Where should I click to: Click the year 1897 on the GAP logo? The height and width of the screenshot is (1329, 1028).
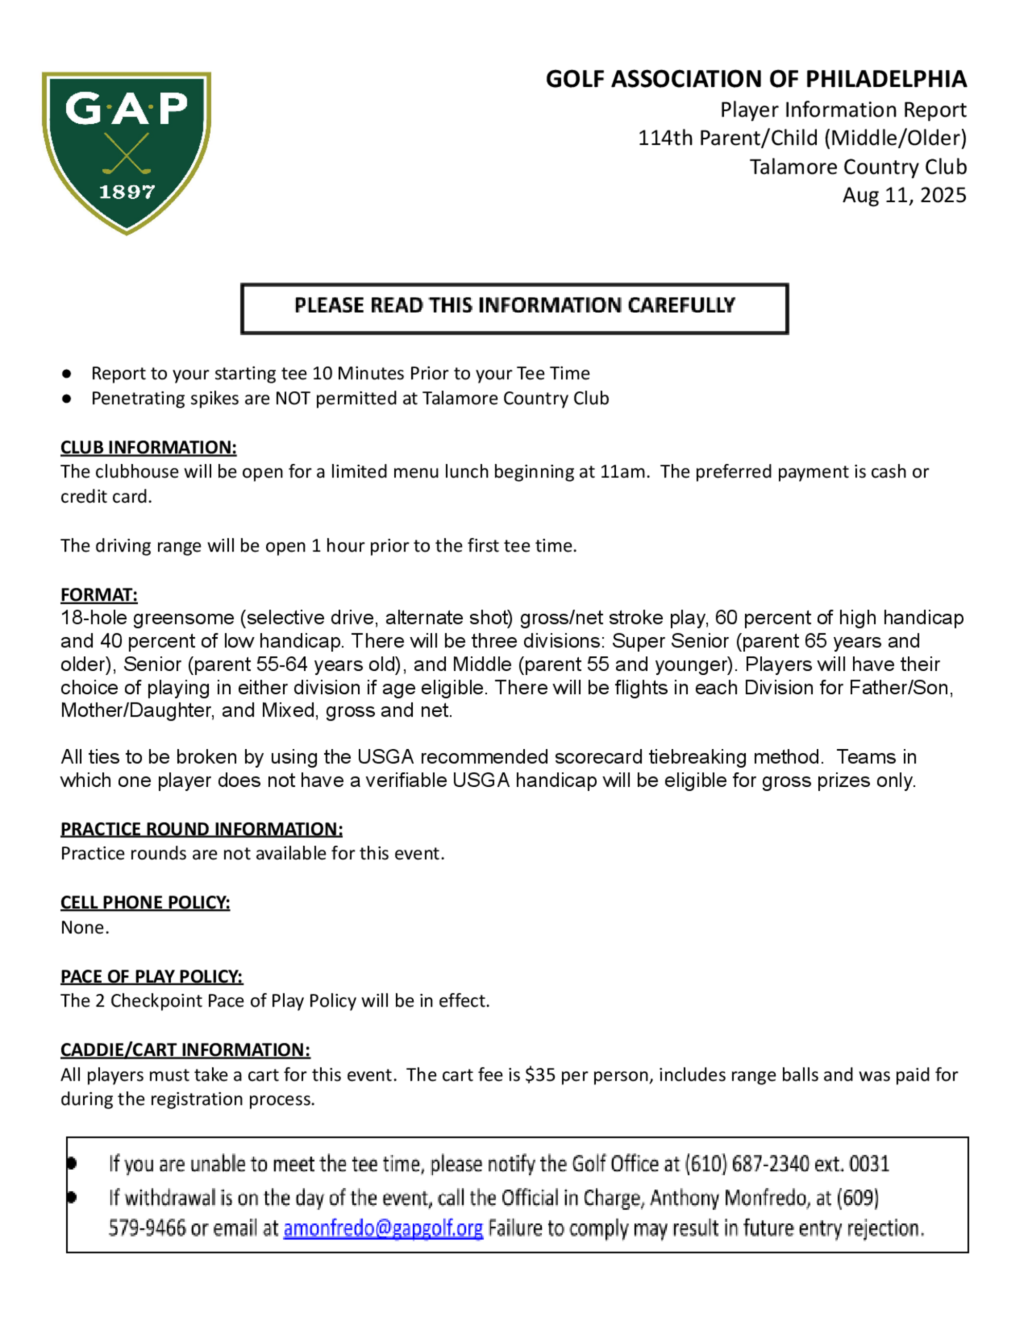coord(126,192)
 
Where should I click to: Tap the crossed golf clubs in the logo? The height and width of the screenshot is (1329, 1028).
coord(126,154)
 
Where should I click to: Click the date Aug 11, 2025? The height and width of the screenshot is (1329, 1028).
coord(904,195)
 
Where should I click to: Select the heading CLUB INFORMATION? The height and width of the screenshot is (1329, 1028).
coord(149,447)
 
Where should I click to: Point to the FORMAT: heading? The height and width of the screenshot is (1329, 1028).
coord(99,595)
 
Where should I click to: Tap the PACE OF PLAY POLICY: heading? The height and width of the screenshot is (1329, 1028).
coord(151,977)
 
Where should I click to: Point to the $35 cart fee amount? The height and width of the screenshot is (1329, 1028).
coord(540,1075)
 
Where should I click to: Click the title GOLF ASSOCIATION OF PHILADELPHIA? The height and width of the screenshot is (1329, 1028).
coord(756,79)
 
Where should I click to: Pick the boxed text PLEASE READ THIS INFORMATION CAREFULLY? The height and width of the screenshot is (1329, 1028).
coord(515,306)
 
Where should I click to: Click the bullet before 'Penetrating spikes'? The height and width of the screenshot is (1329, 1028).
coord(67,398)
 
